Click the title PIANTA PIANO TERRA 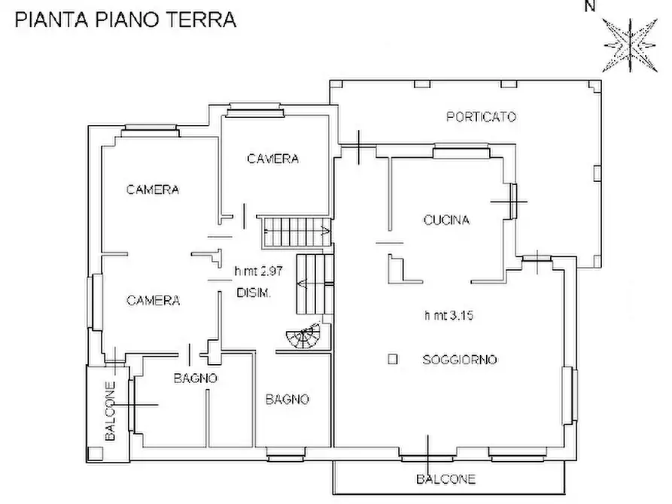(x=126, y=20)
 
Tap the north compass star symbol (x=626, y=44)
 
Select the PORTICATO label (x=481, y=117)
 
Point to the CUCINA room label (x=446, y=220)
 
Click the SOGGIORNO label (x=459, y=360)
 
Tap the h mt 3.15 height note (x=449, y=316)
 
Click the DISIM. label (x=254, y=293)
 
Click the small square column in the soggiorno (x=392, y=360)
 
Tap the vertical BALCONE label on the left (x=110, y=411)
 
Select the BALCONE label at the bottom (x=446, y=478)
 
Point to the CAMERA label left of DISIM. (x=153, y=300)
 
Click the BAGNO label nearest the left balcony (x=196, y=378)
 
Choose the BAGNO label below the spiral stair (x=287, y=399)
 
